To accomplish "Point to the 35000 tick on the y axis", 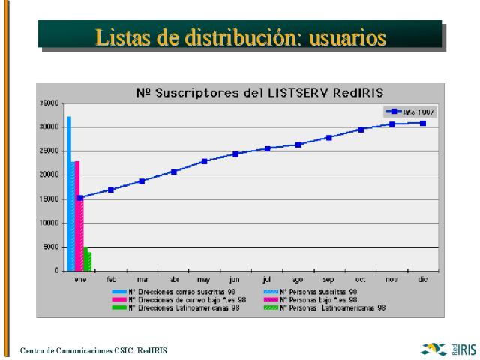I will [x=49, y=103].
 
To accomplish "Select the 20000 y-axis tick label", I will [x=49, y=175].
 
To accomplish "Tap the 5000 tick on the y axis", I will [x=50, y=247].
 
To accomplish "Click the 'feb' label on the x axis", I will [x=111, y=279].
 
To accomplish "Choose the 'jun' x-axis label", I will [x=235, y=279].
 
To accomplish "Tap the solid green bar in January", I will [x=85, y=259].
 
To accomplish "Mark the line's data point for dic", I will [x=423, y=123].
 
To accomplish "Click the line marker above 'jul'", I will [x=267, y=148].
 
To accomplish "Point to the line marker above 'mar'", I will [x=142, y=181].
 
